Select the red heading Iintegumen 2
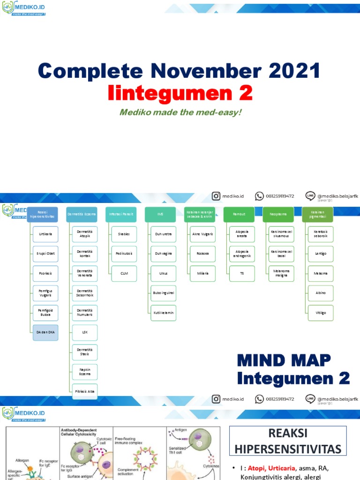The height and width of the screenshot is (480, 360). (180, 93)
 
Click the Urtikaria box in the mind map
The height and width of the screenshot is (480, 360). (45, 234)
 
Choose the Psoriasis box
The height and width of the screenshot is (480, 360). (45, 273)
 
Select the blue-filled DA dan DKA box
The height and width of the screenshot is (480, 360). (45, 332)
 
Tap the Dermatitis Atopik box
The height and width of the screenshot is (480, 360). (85, 234)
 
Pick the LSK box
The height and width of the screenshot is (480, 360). (85, 332)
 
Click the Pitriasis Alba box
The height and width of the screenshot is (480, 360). (85, 391)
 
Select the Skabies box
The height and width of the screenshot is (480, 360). (124, 234)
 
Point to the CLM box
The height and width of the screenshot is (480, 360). (124, 273)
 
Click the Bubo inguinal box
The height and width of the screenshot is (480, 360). (164, 293)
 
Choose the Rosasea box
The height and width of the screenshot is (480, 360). (203, 254)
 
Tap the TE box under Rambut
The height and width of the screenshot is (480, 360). (242, 273)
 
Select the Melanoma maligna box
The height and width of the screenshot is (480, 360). (282, 273)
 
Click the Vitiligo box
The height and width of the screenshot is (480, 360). (321, 313)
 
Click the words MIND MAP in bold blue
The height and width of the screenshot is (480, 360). (284, 360)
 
